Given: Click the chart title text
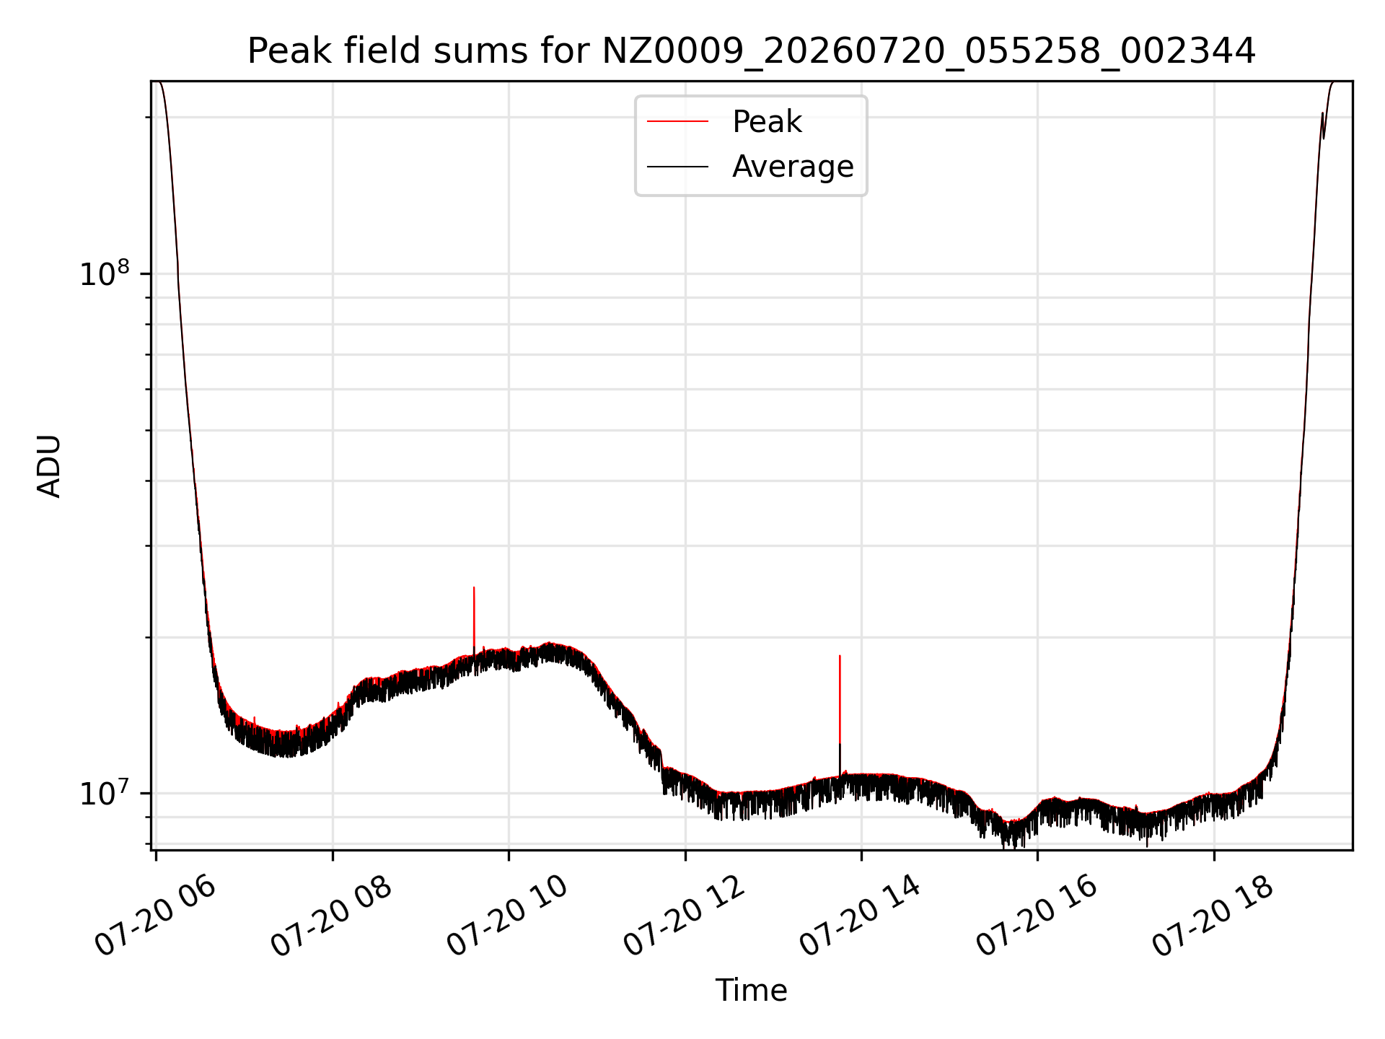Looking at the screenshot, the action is [751, 51].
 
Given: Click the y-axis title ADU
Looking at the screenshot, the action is [49, 466].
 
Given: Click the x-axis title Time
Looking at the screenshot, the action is [751, 991].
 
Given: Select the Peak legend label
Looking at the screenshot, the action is [767, 122].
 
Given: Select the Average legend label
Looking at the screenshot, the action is [793, 167].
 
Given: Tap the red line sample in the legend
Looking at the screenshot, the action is [677, 122].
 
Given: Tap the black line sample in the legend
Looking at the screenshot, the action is [677, 167].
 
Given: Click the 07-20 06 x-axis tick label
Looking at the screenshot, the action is [155, 916].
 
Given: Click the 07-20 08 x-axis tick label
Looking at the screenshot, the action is [331, 916].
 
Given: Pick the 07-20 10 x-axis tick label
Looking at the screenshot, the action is [508, 916].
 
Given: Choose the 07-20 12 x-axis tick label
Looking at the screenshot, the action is [684, 916].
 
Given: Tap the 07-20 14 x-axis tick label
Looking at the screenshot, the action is [861, 916].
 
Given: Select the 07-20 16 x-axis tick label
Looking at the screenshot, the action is [1037, 916].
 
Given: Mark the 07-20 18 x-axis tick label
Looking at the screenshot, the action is [1213, 916].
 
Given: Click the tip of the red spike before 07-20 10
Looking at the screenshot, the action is [474, 587].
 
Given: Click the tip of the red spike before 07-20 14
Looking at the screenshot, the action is [840, 656].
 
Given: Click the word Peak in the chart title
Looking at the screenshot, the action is [283, 51].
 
